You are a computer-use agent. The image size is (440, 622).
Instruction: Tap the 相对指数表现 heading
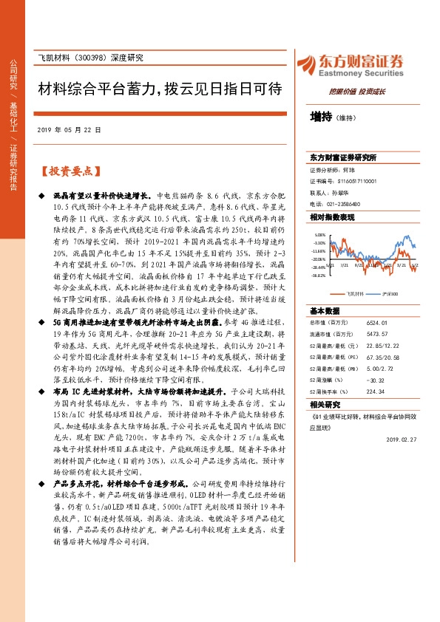point(332,217)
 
